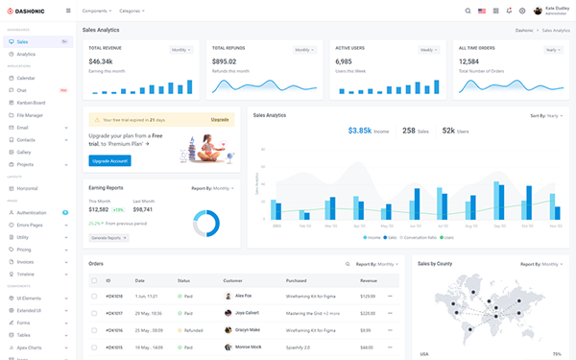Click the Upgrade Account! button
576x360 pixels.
[x=108, y=160]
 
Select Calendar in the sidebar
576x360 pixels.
[x=26, y=78]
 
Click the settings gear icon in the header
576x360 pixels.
[x=522, y=11]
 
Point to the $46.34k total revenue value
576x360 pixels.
[x=101, y=61]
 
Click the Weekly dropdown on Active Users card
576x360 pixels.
[x=426, y=49]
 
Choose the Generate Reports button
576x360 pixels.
[x=108, y=237]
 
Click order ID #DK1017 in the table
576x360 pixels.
[x=114, y=313]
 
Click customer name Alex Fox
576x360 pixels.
[x=243, y=296]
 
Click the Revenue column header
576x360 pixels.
[x=369, y=280]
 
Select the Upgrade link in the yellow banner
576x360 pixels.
[x=220, y=119]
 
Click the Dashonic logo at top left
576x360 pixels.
[x=31, y=11]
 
